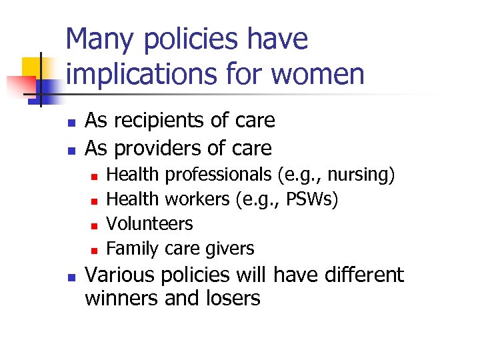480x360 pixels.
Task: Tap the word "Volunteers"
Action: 149,224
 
